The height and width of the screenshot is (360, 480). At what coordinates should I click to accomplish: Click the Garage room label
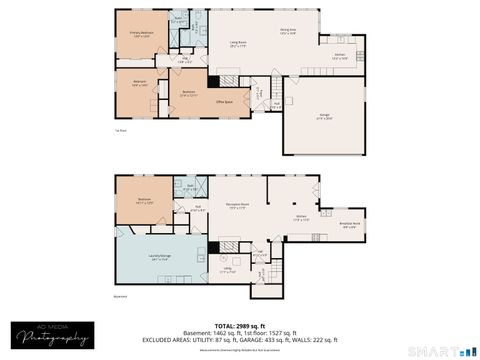325,116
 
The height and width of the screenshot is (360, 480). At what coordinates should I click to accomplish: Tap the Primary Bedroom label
140,33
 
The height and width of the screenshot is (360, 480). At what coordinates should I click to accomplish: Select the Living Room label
238,43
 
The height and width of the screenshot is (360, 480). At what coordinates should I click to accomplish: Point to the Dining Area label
287,31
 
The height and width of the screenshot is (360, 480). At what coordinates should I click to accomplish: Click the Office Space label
225,101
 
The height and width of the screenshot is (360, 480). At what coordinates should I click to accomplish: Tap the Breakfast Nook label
351,224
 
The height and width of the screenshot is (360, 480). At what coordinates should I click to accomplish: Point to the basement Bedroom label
145,201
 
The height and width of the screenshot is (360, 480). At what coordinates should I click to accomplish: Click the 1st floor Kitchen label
340,56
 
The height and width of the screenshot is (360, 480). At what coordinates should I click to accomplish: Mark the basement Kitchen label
300,216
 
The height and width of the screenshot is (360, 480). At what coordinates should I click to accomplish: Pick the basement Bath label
190,186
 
